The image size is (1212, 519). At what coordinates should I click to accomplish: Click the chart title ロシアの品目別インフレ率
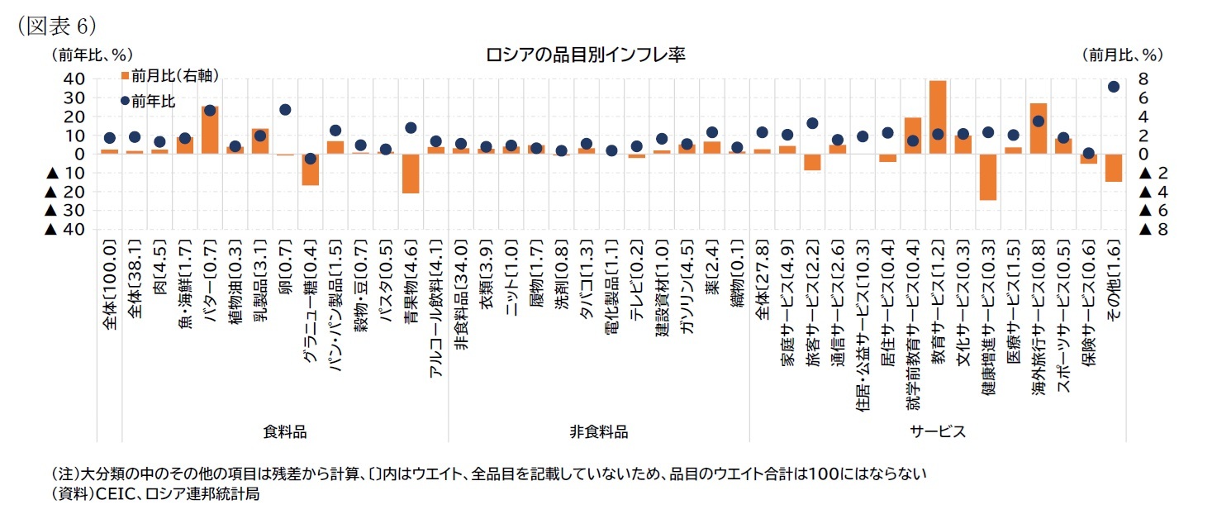coord(586,55)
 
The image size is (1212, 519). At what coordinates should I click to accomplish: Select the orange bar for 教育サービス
coord(937,117)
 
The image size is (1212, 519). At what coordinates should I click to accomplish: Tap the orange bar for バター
coord(210,130)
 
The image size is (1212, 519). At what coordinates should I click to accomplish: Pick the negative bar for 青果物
coord(411,174)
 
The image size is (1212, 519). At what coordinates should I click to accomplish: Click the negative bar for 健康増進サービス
coord(987,177)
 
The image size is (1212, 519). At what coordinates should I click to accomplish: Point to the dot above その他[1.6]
coord(1113,86)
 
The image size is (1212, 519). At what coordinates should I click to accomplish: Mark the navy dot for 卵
coord(285,109)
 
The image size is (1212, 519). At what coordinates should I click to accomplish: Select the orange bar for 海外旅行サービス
coord(1038,128)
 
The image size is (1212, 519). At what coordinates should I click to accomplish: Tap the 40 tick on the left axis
coord(73,79)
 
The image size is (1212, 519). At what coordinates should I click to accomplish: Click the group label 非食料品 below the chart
coord(598,431)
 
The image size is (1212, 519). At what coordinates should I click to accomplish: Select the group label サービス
coord(938,431)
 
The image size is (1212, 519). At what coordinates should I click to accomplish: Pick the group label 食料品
coord(284,431)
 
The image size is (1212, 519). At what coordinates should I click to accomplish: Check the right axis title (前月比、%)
coord(1122,55)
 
